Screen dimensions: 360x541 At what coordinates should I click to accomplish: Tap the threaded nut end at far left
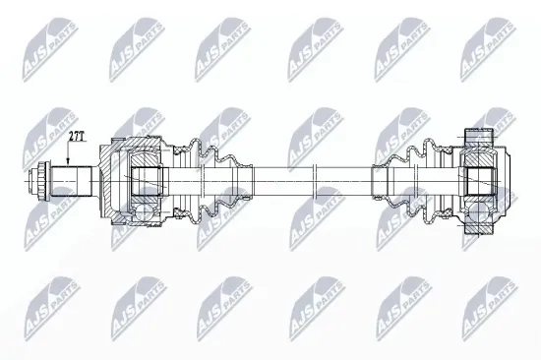[x=42, y=181]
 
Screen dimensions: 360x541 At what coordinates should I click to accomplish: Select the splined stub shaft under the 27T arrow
[x=72, y=181]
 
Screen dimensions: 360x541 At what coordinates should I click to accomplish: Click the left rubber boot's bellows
[x=202, y=181]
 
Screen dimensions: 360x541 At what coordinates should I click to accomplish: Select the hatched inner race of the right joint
[x=481, y=181]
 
